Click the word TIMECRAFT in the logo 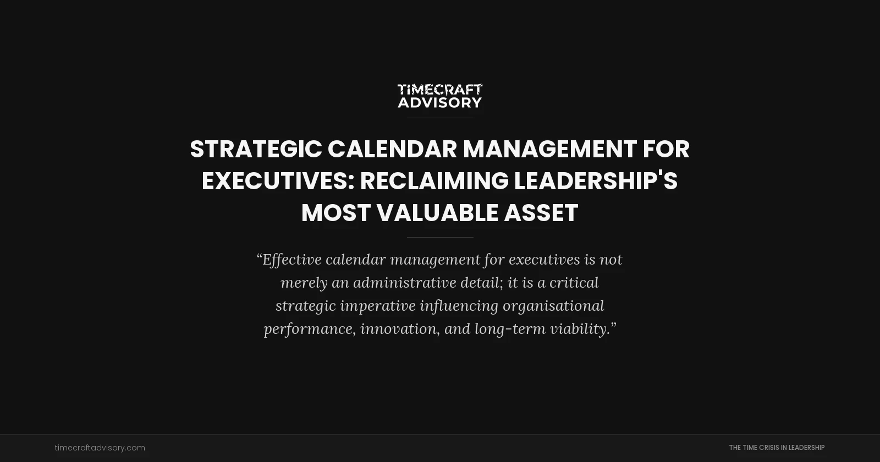click(440, 90)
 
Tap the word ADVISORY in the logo click(440, 102)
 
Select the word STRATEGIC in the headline click(256, 149)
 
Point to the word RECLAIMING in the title click(434, 181)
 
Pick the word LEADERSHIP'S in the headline click(596, 181)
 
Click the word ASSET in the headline click(541, 213)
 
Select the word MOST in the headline click(335, 213)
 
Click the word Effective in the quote click(291, 260)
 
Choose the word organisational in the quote click(553, 306)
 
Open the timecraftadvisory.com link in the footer click(100, 448)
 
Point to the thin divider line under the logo click(440, 118)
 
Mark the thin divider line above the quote click(440, 237)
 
